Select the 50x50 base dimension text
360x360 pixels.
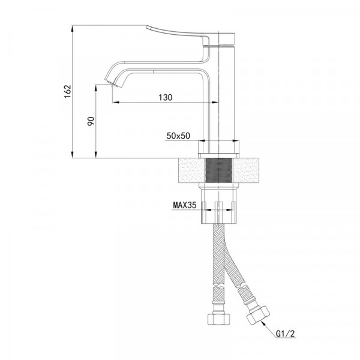coord(178,136)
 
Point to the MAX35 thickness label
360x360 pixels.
coord(185,205)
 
